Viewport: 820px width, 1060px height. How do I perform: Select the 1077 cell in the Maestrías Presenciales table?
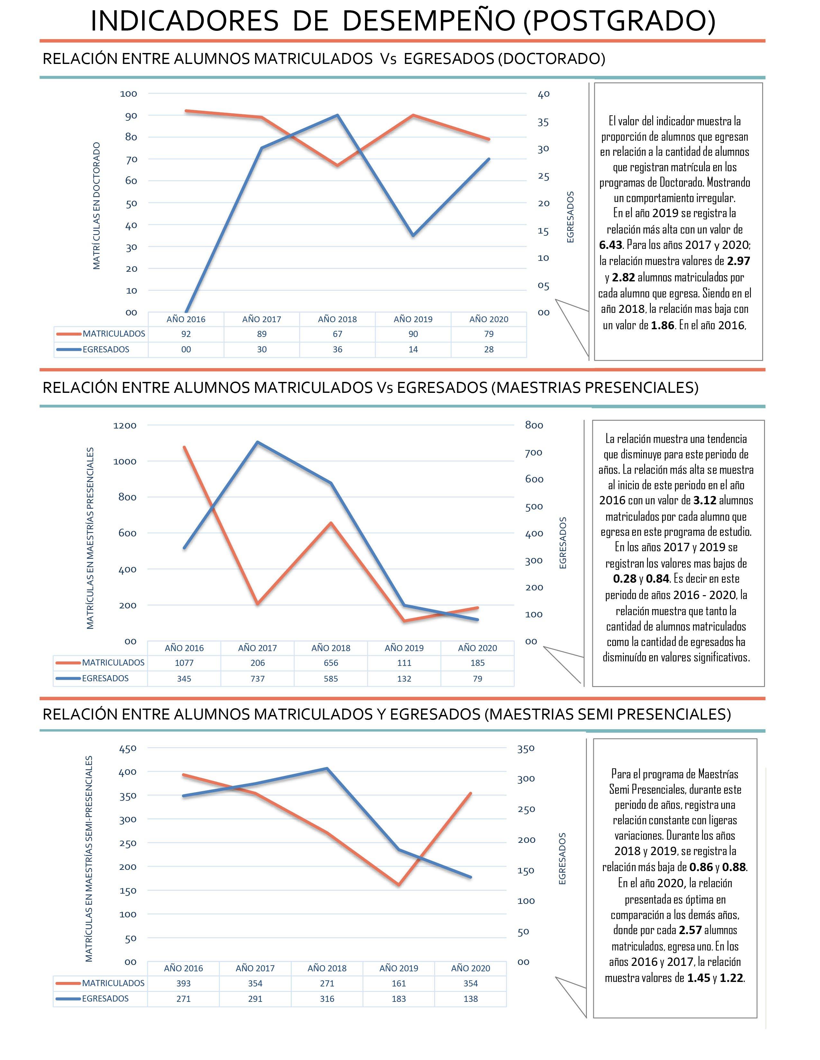(x=184, y=662)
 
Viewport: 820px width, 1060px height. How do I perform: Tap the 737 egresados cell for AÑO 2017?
(x=258, y=678)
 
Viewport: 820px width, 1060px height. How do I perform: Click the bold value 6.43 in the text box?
(x=611, y=245)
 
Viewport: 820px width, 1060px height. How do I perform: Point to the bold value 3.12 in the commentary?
(x=704, y=500)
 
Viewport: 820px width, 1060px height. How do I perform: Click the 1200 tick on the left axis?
(x=125, y=426)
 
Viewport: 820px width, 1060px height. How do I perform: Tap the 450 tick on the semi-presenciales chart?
(x=128, y=748)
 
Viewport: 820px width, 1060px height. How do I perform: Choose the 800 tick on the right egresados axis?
(x=534, y=426)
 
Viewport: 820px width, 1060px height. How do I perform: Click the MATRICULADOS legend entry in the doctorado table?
(x=114, y=334)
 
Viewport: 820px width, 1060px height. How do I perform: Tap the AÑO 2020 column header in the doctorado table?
(x=489, y=319)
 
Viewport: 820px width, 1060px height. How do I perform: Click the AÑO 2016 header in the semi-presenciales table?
(x=183, y=968)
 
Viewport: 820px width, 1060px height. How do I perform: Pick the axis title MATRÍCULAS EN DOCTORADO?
(x=97, y=206)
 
